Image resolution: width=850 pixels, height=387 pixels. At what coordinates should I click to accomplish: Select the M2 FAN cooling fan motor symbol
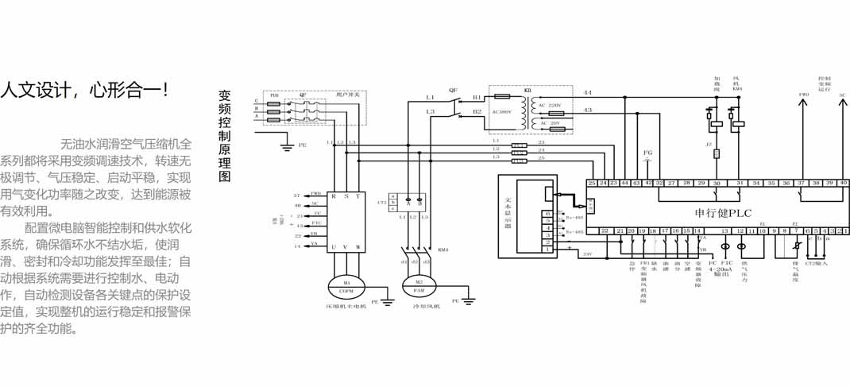click(414, 284)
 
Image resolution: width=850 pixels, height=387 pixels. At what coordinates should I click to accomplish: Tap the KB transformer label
click(527, 91)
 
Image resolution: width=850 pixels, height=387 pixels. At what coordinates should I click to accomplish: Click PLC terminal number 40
click(843, 183)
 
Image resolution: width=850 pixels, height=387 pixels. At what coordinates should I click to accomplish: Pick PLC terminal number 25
click(592, 183)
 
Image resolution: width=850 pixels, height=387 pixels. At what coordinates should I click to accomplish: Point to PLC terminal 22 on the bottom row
click(605, 230)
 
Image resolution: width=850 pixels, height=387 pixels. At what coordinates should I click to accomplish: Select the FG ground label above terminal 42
click(647, 151)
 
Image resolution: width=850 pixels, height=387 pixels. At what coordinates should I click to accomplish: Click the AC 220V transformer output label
click(551, 105)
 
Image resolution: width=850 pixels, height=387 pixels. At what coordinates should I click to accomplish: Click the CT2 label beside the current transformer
click(381, 203)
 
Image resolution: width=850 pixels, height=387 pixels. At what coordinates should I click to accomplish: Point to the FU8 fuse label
click(274, 95)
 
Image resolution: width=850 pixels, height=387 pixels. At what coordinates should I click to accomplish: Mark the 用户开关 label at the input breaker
click(347, 95)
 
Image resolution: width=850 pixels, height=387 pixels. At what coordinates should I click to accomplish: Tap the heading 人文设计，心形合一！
click(85, 88)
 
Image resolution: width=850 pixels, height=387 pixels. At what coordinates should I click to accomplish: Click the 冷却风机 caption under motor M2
click(415, 304)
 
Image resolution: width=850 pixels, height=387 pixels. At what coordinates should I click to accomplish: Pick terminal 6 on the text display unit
click(547, 213)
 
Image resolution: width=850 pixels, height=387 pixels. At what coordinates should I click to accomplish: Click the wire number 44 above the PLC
click(587, 92)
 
